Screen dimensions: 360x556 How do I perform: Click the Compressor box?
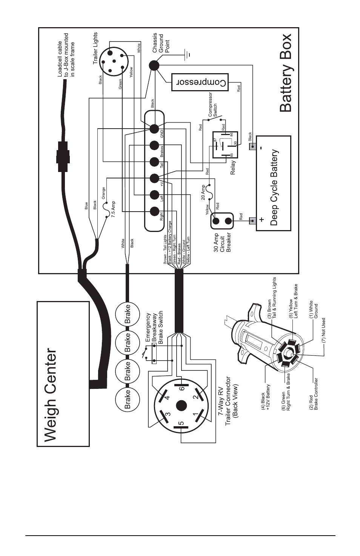(200, 82)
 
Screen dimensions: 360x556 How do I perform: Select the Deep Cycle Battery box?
(273, 183)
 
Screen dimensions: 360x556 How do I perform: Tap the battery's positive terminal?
(253, 220)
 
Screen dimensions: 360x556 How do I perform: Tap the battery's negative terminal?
(253, 146)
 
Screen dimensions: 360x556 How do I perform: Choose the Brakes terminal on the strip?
(154, 145)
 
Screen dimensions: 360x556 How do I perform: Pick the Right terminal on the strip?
(154, 211)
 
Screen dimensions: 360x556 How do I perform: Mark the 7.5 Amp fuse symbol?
(107, 210)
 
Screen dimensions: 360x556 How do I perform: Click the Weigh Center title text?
(51, 395)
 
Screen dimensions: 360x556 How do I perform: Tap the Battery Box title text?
(285, 73)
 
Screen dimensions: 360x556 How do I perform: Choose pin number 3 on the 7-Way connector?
(168, 414)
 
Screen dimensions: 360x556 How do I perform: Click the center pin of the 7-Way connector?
(181, 406)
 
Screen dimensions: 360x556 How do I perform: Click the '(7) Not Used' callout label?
(323, 330)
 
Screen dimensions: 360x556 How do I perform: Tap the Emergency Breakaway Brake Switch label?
(154, 327)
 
